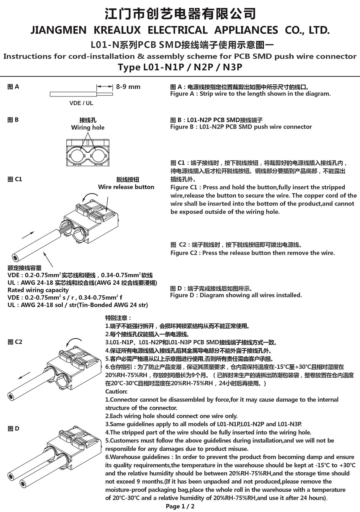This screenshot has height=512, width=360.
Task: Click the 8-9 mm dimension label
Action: tap(128, 87)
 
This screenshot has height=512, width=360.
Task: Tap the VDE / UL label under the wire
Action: tap(81, 103)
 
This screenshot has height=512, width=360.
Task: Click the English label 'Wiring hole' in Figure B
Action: tap(88, 128)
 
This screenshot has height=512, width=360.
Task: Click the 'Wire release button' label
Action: tap(126, 187)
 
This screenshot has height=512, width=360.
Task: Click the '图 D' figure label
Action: tap(13, 428)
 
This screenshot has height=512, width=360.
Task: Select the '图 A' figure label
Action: tap(13, 87)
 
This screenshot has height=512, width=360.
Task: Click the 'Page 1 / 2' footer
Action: tap(180, 506)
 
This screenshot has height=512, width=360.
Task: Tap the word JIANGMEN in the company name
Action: tap(58, 30)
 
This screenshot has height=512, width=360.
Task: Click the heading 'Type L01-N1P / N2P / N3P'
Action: tap(180, 67)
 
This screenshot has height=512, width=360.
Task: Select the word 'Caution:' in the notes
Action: tap(116, 391)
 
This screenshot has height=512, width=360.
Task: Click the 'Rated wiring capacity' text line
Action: tap(38, 290)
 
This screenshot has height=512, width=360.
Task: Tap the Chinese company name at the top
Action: tap(180, 14)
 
